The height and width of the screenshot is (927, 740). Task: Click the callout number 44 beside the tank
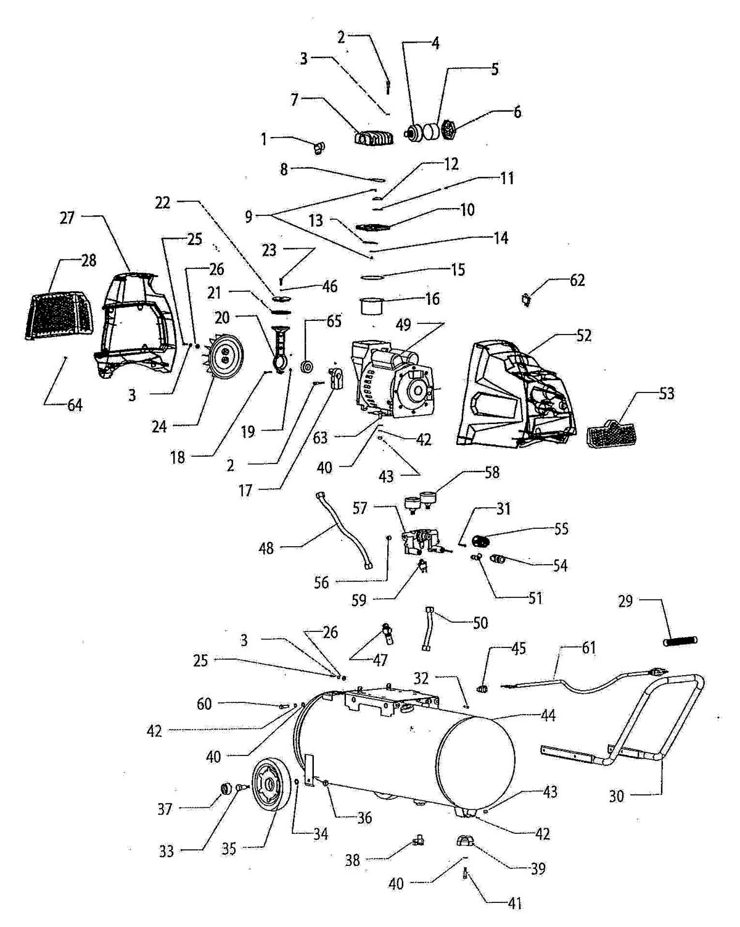coord(548,716)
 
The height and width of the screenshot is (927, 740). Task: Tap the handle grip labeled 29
coord(680,641)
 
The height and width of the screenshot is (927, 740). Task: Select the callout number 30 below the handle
coord(618,796)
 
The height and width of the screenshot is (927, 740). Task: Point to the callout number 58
coord(491,473)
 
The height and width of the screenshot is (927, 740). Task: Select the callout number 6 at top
coord(517,112)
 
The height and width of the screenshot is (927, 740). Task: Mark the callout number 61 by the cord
coord(589,647)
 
